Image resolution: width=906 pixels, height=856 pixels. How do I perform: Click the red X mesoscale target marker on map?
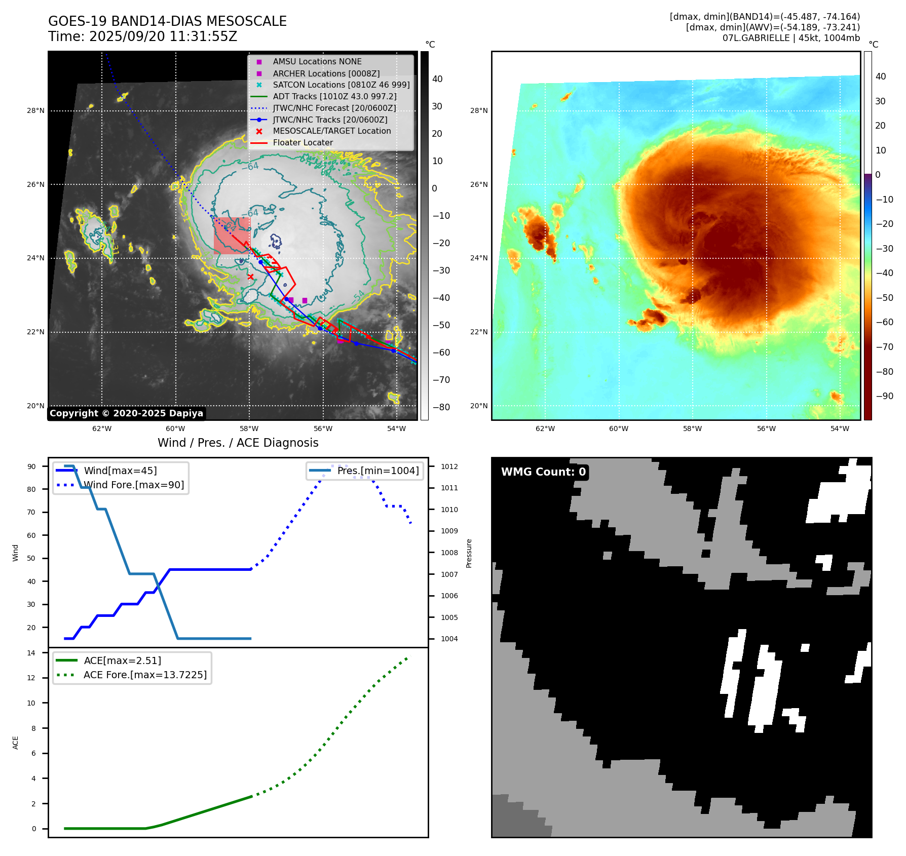(250, 277)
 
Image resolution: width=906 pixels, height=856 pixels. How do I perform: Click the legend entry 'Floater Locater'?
(303, 143)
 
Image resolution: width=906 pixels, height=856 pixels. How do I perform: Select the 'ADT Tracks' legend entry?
(334, 96)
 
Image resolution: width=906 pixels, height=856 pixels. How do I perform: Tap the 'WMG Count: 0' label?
(543, 472)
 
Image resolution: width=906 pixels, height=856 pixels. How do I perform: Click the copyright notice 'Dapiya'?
(126, 413)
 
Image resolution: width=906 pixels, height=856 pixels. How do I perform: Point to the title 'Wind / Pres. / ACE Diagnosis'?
(238, 443)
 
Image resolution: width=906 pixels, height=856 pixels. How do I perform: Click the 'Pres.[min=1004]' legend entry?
(377, 471)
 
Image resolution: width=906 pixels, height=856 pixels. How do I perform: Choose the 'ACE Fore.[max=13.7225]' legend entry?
(145, 675)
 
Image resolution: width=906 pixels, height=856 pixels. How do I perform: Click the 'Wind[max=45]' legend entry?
(120, 471)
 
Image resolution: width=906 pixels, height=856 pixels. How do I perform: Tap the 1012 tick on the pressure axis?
(449, 466)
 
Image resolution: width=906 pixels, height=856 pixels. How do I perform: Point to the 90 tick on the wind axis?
(31, 466)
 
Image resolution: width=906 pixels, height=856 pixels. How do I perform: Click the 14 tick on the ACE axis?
(31, 653)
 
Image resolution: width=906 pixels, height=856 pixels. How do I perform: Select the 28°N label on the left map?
(35, 111)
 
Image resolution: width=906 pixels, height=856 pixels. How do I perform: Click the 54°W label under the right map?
(840, 429)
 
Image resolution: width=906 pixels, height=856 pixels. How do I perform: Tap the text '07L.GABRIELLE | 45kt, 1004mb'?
(791, 38)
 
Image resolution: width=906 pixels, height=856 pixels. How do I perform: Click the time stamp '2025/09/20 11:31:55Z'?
(163, 36)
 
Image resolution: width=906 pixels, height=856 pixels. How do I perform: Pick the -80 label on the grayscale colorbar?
(441, 407)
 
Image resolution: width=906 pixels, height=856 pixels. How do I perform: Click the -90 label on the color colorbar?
(884, 396)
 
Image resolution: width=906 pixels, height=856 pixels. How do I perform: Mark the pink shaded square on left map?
(232, 236)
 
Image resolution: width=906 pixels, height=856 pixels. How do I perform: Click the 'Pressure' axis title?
(469, 553)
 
